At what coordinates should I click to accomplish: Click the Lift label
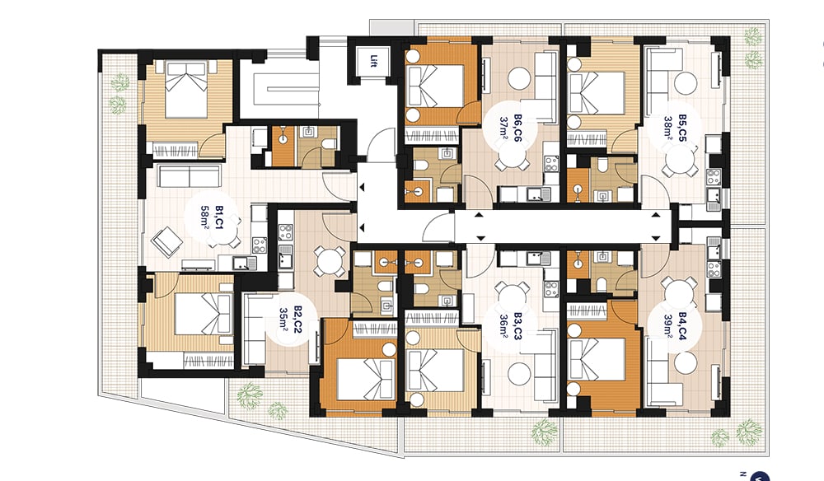(373, 62)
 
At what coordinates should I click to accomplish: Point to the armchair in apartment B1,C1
(167, 241)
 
